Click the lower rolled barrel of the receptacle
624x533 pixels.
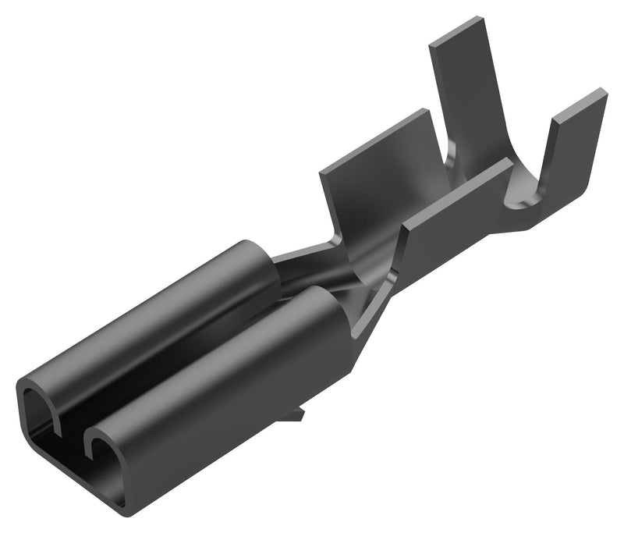226,375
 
